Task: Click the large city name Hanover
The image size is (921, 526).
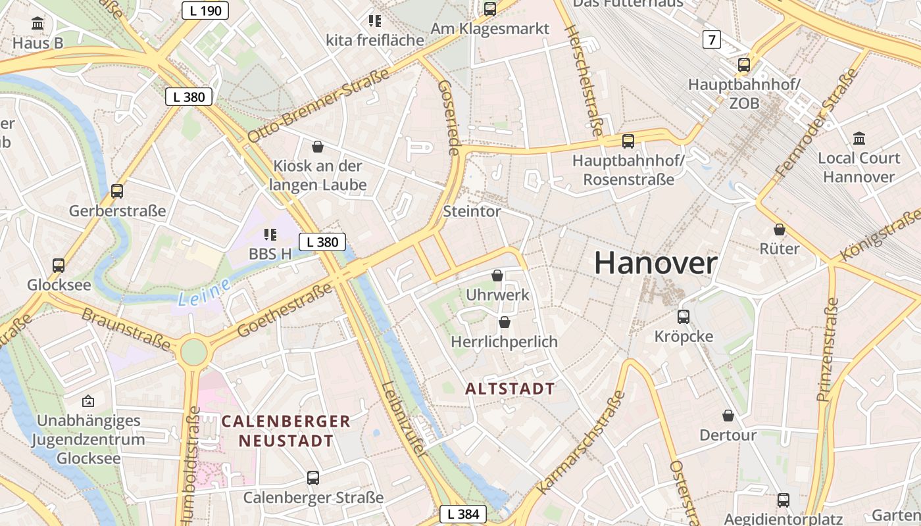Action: tap(655, 264)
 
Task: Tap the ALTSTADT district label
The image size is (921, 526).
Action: tap(510, 389)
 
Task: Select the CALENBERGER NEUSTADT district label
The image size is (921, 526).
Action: tap(286, 431)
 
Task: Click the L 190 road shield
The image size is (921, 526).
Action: tap(205, 11)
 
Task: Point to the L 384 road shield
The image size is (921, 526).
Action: tap(463, 514)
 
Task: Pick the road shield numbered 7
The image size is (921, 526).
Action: tap(711, 39)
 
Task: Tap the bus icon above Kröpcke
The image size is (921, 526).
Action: tap(684, 316)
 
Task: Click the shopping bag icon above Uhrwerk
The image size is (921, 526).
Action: tap(497, 275)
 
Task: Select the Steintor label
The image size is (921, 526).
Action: tap(472, 212)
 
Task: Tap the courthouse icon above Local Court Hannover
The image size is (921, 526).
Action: tap(859, 138)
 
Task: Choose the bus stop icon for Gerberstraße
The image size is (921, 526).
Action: tap(117, 191)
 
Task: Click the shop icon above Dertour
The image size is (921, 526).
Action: tap(728, 416)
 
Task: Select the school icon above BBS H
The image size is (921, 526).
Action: tap(270, 234)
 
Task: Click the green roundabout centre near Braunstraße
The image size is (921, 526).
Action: tap(193, 352)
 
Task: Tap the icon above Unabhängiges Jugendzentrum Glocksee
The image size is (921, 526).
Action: tap(88, 400)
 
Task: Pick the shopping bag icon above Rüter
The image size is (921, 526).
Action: tap(780, 229)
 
